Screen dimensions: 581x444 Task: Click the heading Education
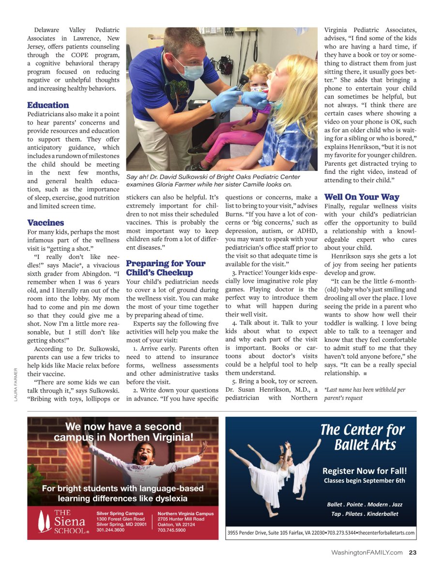click(48, 105)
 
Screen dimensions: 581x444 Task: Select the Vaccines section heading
click(46, 223)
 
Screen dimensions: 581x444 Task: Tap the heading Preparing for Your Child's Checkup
click(166, 268)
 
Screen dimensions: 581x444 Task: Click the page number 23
click(413, 552)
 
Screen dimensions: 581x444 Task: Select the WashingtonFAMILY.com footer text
click(367, 552)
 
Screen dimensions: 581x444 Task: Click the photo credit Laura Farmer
click(16, 384)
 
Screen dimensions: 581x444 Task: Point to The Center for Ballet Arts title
click(362, 437)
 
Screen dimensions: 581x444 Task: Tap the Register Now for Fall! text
click(364, 471)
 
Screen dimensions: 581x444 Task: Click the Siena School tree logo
click(46, 521)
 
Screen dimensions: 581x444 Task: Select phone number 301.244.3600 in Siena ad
click(110, 530)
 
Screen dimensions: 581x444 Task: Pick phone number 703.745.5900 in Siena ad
click(171, 530)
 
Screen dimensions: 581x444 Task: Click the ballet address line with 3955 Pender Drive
click(321, 533)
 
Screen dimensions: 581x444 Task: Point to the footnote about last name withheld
click(365, 394)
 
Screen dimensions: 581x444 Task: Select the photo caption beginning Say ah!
click(213, 181)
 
